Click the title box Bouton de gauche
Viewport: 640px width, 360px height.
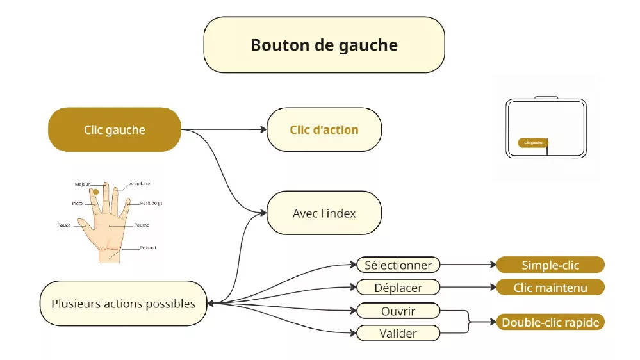point(324,45)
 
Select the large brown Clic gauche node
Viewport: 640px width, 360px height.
point(115,129)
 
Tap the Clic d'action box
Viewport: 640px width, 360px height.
point(324,129)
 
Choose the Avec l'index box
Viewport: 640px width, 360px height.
point(324,213)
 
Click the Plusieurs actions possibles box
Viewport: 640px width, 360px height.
point(123,303)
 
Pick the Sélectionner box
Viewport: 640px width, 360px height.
point(398,265)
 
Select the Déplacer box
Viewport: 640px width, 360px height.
point(398,287)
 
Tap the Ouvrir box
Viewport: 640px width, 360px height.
point(398,311)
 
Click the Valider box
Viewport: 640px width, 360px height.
point(398,333)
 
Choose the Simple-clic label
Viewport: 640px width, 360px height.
point(550,265)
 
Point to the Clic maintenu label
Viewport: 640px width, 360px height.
point(550,287)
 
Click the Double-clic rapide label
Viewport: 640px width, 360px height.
point(550,322)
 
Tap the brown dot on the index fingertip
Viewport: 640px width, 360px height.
point(95,191)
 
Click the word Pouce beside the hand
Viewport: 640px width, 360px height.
point(64,225)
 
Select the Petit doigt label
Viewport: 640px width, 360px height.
point(151,203)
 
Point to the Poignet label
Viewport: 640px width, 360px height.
point(148,247)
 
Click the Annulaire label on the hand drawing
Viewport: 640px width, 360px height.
point(140,184)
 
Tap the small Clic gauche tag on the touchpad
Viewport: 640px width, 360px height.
point(532,143)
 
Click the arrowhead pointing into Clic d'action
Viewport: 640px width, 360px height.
point(263,129)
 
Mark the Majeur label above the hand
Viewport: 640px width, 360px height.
point(82,184)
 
